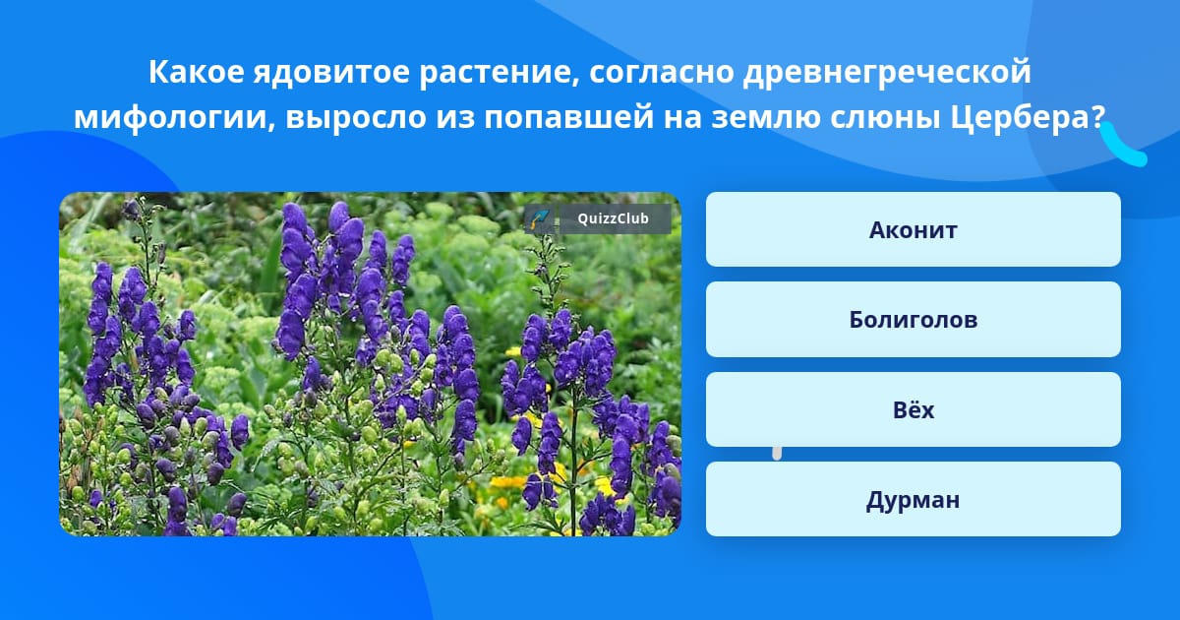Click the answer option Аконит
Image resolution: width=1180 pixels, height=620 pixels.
(913, 229)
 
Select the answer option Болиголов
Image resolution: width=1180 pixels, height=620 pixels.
(913, 320)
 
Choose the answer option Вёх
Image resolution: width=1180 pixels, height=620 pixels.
(913, 409)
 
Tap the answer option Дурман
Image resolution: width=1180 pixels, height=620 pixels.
(913, 499)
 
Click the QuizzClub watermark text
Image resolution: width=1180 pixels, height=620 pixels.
(613, 218)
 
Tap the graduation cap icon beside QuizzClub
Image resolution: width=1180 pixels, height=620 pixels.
(540, 218)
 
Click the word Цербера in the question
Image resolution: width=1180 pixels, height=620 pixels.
(1020, 117)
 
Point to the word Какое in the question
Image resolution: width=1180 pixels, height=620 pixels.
(196, 72)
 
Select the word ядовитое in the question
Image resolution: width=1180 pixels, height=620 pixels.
(331, 73)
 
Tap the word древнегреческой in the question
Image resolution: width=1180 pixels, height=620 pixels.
(887, 73)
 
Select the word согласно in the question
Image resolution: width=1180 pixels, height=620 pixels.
(661, 73)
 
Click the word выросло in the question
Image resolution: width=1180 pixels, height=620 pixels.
(356, 118)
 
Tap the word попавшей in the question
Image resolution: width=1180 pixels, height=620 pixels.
(569, 118)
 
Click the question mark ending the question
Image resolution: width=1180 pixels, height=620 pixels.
(1097, 117)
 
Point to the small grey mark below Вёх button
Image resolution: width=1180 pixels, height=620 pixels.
(777, 453)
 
